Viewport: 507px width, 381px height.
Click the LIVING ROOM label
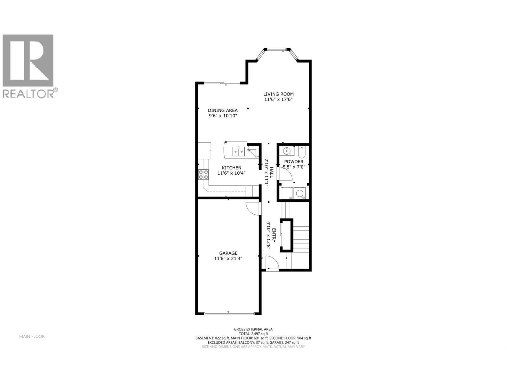tap(279, 94)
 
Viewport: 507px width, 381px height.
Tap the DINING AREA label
tap(223, 110)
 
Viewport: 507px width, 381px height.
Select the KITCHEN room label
tap(231, 168)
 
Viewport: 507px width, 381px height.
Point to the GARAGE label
tap(228, 253)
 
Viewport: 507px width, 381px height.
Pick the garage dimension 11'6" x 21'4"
tap(228, 258)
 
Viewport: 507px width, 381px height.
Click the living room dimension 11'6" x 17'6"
tap(279, 99)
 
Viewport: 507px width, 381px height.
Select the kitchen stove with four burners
tap(203, 175)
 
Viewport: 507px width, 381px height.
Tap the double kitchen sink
tap(239, 151)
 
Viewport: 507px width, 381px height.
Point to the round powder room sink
tap(286, 151)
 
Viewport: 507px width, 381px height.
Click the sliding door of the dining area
tap(221, 84)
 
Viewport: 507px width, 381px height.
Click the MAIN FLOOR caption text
tap(32, 336)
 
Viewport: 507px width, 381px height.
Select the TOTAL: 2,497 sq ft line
tap(253, 334)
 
